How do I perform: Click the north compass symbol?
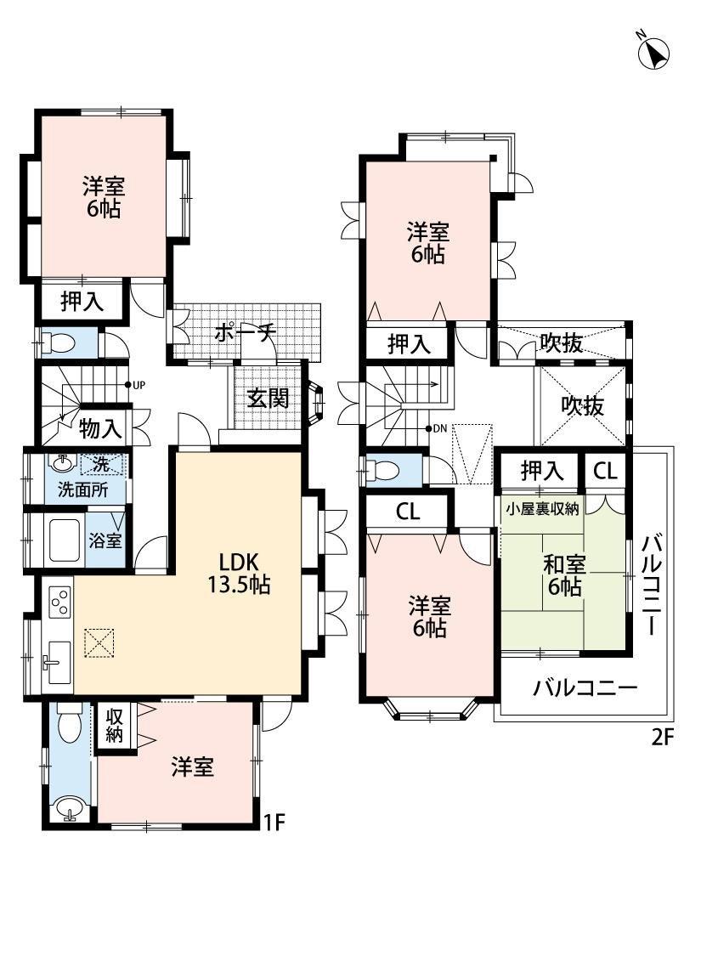point(653,52)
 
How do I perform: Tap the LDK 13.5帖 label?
point(239,573)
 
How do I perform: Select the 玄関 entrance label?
point(268,399)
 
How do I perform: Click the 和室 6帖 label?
point(564,575)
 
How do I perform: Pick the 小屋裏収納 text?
point(542,508)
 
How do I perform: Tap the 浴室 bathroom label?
point(105,540)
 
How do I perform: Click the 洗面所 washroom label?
point(83,489)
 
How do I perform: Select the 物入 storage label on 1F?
point(100,429)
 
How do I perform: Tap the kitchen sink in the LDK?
point(59,661)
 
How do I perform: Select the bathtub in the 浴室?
point(65,540)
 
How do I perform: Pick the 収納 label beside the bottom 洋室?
point(114,726)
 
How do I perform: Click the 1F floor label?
point(274,823)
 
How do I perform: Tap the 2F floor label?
point(662,738)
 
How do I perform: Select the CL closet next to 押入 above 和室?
point(605,471)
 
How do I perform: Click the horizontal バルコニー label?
point(585,688)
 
